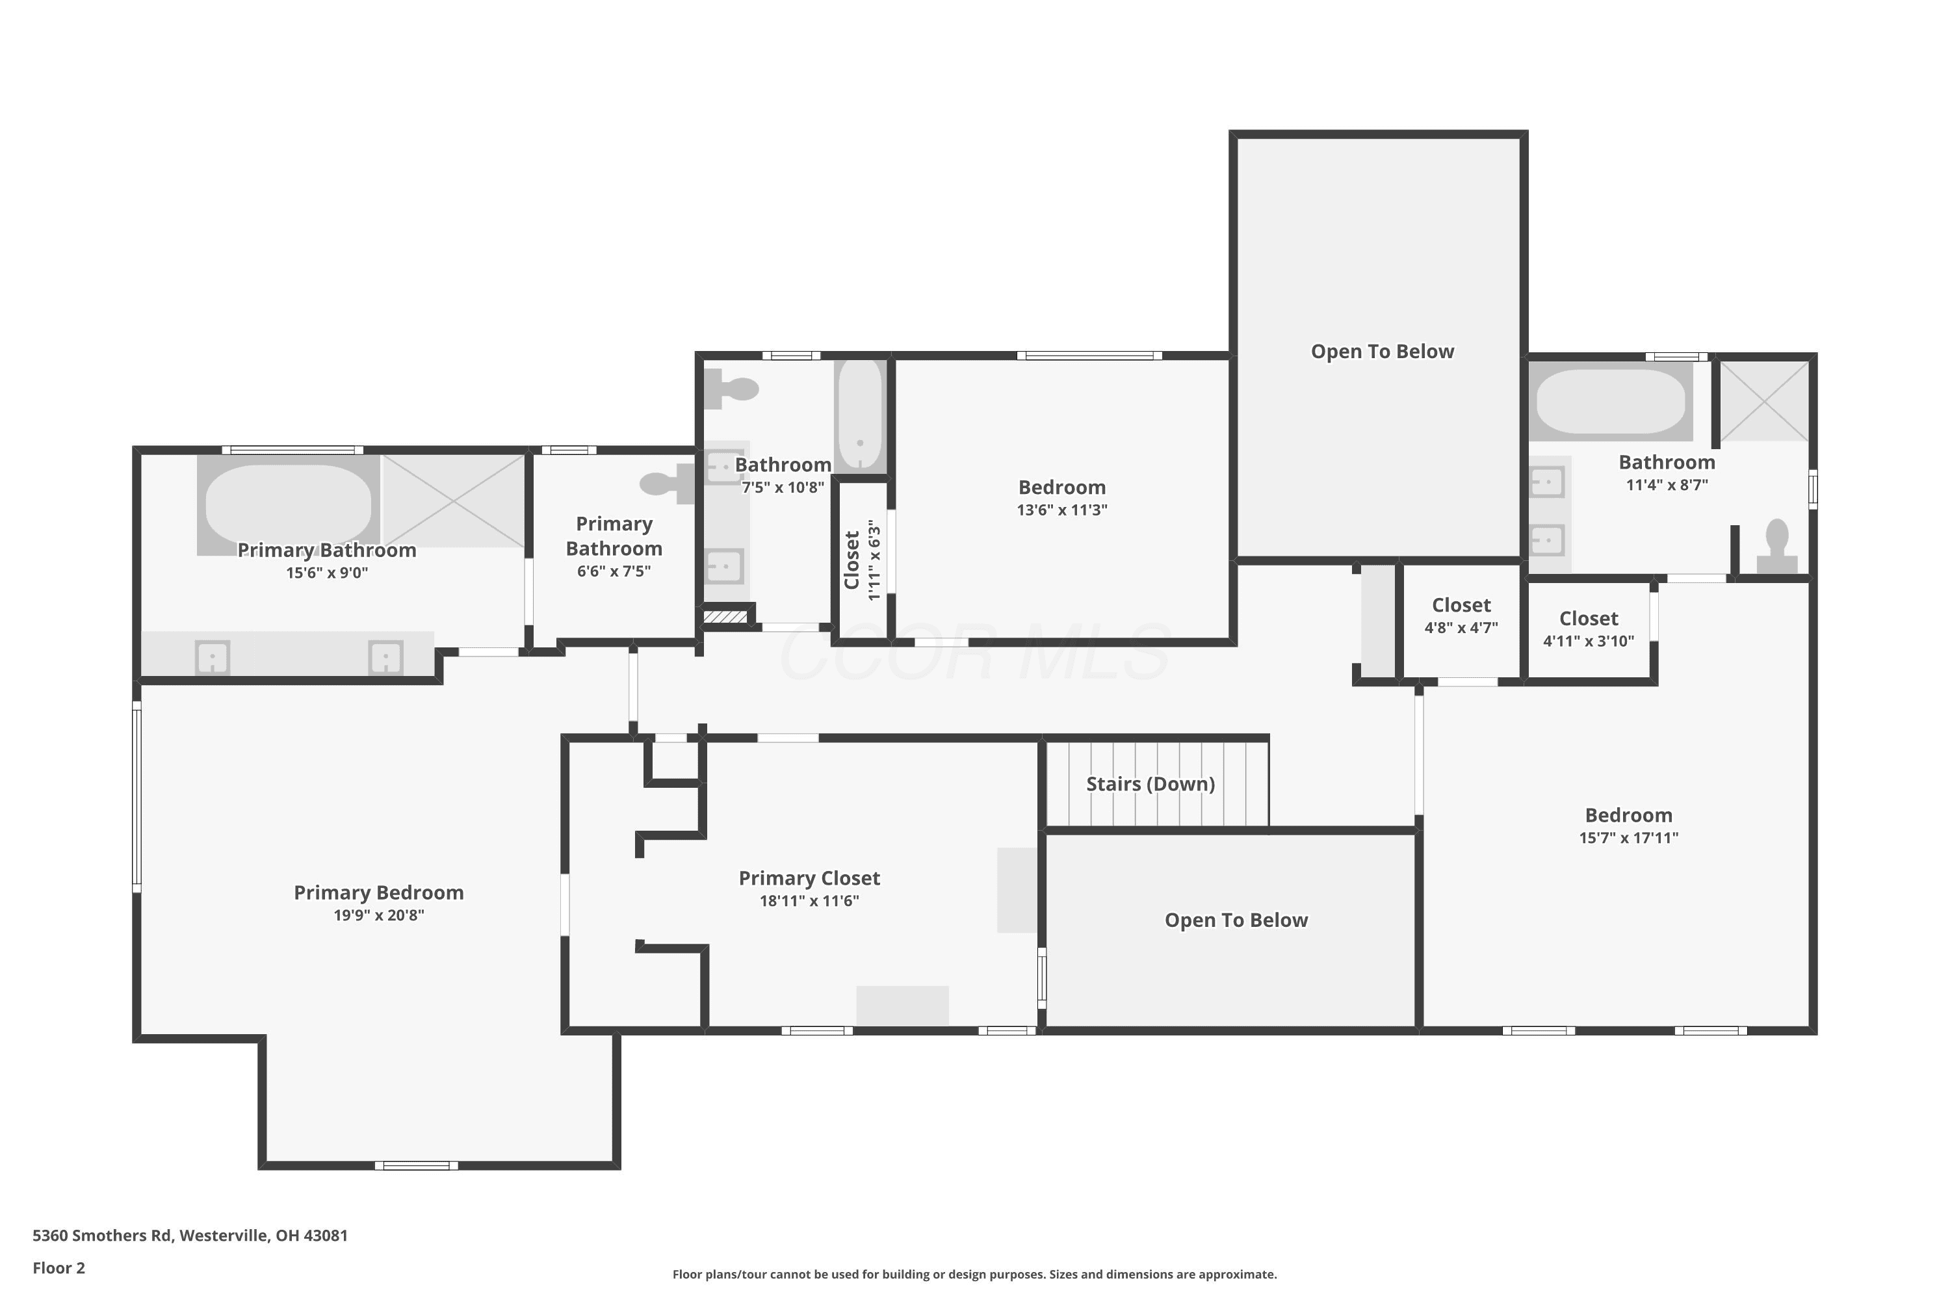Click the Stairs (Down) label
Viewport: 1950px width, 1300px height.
pos(1150,785)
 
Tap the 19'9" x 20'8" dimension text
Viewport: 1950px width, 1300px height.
pos(379,915)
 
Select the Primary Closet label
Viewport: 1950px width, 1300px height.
pos(809,878)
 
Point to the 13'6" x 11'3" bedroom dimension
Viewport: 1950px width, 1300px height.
pos(1062,510)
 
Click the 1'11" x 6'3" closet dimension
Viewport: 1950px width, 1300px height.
pos(873,560)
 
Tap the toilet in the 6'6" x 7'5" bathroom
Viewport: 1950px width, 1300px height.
pos(668,484)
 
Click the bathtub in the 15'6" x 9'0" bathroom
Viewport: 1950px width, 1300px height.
pos(289,504)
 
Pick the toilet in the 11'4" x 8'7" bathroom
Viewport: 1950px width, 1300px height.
pos(1776,547)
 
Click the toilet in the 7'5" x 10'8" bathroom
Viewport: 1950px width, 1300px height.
pos(731,389)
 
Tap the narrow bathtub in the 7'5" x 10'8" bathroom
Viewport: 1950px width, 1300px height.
pos(861,416)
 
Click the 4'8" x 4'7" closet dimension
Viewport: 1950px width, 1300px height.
pos(1461,628)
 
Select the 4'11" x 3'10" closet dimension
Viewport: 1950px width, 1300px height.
pos(1589,641)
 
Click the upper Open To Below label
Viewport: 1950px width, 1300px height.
pos(1382,352)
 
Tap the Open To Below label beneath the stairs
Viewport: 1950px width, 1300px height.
pos(1236,920)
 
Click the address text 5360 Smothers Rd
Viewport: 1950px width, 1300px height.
pos(103,1236)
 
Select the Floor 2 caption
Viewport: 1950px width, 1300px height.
pos(59,1267)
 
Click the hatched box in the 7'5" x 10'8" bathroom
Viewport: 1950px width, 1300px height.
pos(725,617)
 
